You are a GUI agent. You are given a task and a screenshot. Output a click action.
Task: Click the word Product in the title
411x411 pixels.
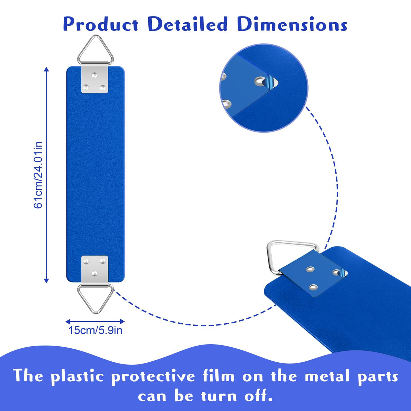point(101,25)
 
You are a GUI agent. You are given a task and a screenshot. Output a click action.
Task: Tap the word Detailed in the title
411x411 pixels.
point(188,24)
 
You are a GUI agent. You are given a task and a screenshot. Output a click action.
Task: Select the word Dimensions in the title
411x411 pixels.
point(292,24)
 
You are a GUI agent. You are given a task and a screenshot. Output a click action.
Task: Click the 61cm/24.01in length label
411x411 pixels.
point(38,175)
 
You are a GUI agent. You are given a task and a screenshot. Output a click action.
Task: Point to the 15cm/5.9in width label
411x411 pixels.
point(95,331)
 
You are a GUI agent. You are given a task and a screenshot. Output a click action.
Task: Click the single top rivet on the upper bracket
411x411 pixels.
point(94,75)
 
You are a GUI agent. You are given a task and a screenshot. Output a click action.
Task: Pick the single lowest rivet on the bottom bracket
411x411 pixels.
point(94,273)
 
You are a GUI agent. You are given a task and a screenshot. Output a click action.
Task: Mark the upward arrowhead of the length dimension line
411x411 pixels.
point(46,69)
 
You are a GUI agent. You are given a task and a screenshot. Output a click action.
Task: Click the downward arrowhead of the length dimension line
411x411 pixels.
point(46,281)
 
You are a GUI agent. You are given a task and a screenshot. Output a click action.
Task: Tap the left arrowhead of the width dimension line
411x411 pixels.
point(68,322)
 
